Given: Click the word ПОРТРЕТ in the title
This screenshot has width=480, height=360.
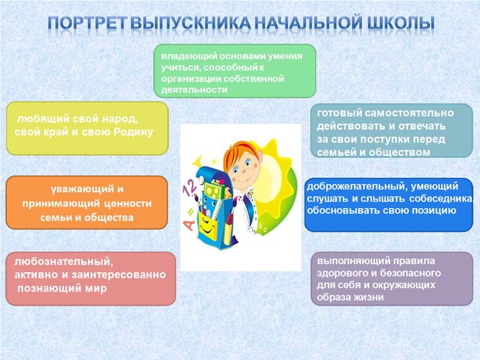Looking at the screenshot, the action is click(x=88, y=23).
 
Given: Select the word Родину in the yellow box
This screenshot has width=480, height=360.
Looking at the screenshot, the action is click(x=133, y=132).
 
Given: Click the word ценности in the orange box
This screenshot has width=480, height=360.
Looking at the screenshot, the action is click(x=128, y=204).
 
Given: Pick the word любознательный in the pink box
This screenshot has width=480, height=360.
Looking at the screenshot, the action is click(x=63, y=261).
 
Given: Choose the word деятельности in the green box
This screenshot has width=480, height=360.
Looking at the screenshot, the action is click(x=194, y=90).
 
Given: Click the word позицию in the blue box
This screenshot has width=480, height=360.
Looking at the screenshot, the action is click(x=434, y=211).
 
